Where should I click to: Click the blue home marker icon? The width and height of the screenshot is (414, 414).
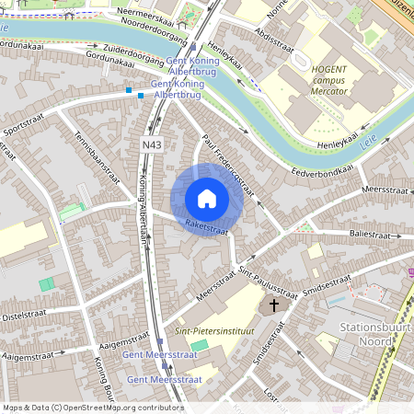(206, 198)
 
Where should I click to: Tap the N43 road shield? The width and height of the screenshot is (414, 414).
(152, 145)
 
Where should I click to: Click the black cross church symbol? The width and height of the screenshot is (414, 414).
(273, 305)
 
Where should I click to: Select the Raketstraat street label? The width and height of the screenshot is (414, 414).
(206, 224)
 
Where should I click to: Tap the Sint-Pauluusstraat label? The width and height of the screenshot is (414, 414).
(269, 282)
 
